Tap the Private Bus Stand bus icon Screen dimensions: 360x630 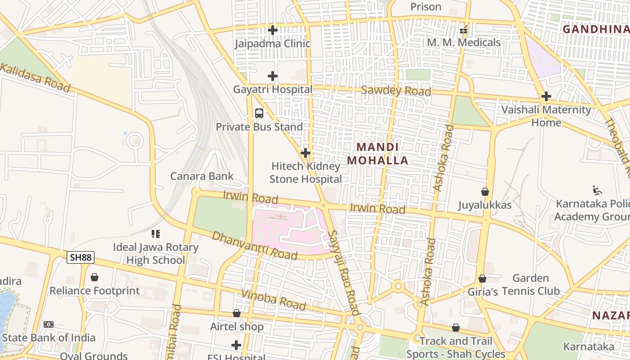259,113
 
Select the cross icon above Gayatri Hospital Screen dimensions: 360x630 272,76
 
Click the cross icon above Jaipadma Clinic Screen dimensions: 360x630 272,30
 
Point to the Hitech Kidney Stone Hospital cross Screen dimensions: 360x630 306,153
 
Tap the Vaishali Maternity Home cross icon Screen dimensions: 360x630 546,96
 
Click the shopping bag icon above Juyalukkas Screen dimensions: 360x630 485,192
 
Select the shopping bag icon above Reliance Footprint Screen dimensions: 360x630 94,277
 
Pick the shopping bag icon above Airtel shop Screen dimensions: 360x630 237,313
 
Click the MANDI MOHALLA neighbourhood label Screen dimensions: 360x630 378,154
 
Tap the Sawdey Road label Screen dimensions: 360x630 396,90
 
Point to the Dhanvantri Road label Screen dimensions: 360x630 254,246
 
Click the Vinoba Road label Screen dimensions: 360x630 273,300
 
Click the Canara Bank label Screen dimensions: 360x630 202,176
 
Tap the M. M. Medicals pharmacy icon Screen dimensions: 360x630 463,30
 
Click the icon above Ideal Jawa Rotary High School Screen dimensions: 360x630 156,234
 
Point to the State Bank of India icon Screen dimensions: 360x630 48,324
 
